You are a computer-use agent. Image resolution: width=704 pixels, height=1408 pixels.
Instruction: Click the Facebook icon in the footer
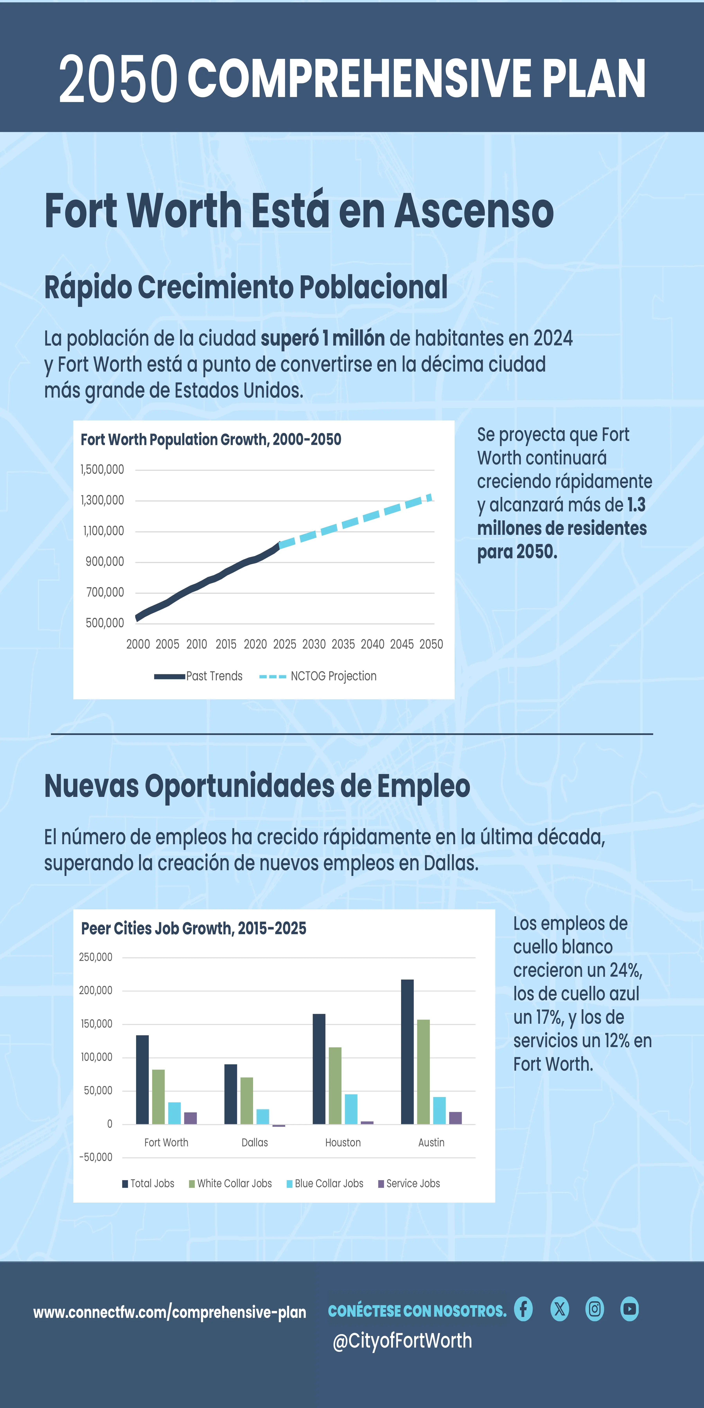523,1309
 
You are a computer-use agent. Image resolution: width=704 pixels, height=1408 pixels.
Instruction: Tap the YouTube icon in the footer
630,1309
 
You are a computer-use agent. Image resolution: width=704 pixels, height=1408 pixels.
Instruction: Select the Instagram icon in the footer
595,1309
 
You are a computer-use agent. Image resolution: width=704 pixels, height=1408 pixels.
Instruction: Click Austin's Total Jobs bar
407,1052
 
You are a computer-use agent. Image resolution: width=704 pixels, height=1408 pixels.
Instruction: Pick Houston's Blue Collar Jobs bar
351,1109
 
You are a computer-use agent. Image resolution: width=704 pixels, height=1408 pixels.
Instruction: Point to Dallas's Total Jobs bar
231,1094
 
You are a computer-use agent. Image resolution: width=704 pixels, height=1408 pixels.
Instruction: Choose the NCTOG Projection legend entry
318,676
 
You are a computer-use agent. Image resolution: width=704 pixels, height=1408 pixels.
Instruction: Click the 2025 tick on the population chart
285,644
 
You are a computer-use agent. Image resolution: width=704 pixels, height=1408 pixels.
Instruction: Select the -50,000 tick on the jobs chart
96,1157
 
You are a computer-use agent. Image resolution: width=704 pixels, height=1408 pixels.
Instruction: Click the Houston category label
343,1142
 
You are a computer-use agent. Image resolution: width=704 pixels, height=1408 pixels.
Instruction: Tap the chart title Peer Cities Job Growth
193,928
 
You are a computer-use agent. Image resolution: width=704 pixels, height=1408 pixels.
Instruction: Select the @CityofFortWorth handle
402,1341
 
